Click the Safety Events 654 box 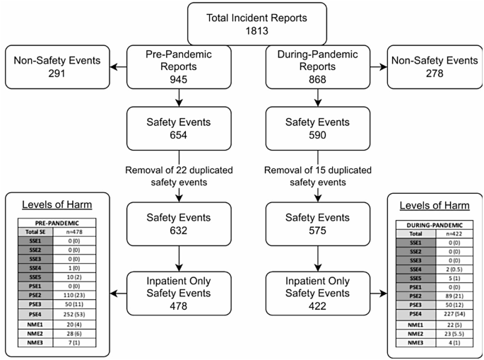[x=169, y=128]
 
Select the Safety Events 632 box [x=169, y=223]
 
